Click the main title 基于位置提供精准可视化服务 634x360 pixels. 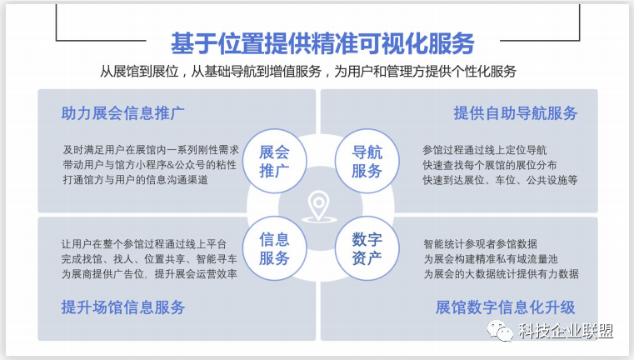pos(322,43)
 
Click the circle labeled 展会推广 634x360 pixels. pos(275,161)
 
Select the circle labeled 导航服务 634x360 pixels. pos(367,161)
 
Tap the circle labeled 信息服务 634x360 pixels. pos(275,248)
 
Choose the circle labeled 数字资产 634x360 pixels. pos(367,248)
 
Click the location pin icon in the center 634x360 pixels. pos(319,207)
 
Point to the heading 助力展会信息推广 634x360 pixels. pos(123,113)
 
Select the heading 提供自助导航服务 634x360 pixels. pos(516,113)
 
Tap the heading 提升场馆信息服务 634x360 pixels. pos(123,307)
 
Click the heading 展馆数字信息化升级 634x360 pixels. pos(505,307)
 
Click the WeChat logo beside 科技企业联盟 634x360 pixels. pos(501,332)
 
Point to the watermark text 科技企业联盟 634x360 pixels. pos(566,332)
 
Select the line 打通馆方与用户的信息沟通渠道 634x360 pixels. pos(136,180)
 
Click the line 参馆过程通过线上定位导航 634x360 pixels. pos(484,150)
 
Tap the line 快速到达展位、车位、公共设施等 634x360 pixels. pos(500,180)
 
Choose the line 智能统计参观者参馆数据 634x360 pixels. pos(481,244)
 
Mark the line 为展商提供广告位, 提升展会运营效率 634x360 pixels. pos(149,274)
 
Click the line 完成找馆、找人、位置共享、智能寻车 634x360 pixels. pos(149,259)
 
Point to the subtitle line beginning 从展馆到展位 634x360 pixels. pos(308,72)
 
